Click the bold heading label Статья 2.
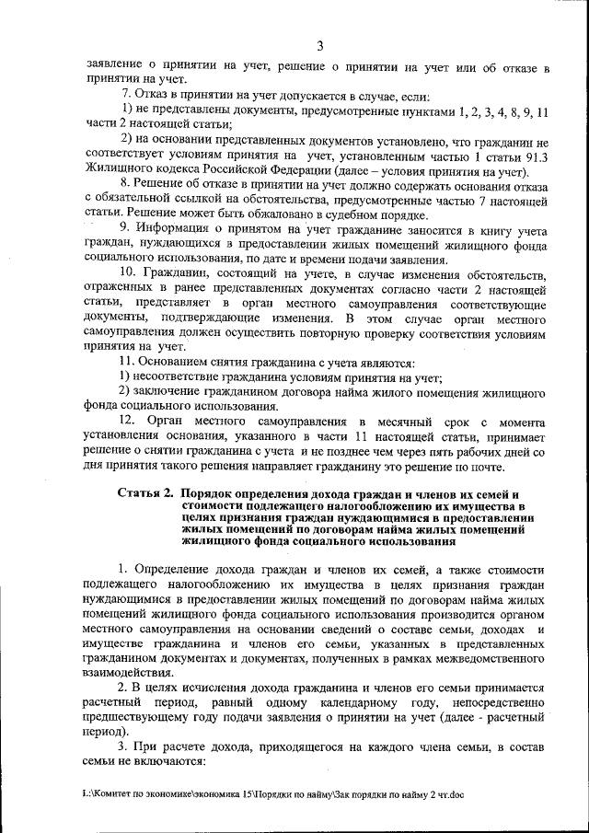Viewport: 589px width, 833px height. [145, 493]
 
